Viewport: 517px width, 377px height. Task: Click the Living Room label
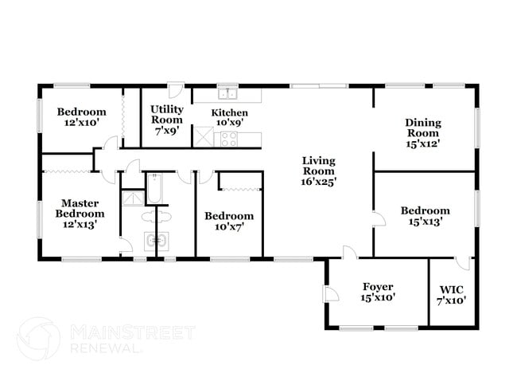tap(318, 171)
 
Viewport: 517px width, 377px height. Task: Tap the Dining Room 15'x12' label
tap(422, 133)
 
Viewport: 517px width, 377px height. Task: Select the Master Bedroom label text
tap(80, 214)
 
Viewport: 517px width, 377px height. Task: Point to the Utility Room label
tap(167, 119)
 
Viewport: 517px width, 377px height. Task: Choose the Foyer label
tap(378, 291)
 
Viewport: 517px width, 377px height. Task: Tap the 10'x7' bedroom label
tap(228, 221)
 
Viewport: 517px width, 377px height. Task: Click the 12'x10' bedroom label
tap(80, 117)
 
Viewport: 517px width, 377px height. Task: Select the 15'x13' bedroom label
tap(425, 216)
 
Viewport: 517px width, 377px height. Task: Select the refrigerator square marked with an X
tap(204, 137)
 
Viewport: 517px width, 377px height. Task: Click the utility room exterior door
tap(176, 90)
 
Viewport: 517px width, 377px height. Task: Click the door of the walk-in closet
tap(464, 264)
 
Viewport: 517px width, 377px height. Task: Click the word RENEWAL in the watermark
tap(107, 348)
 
